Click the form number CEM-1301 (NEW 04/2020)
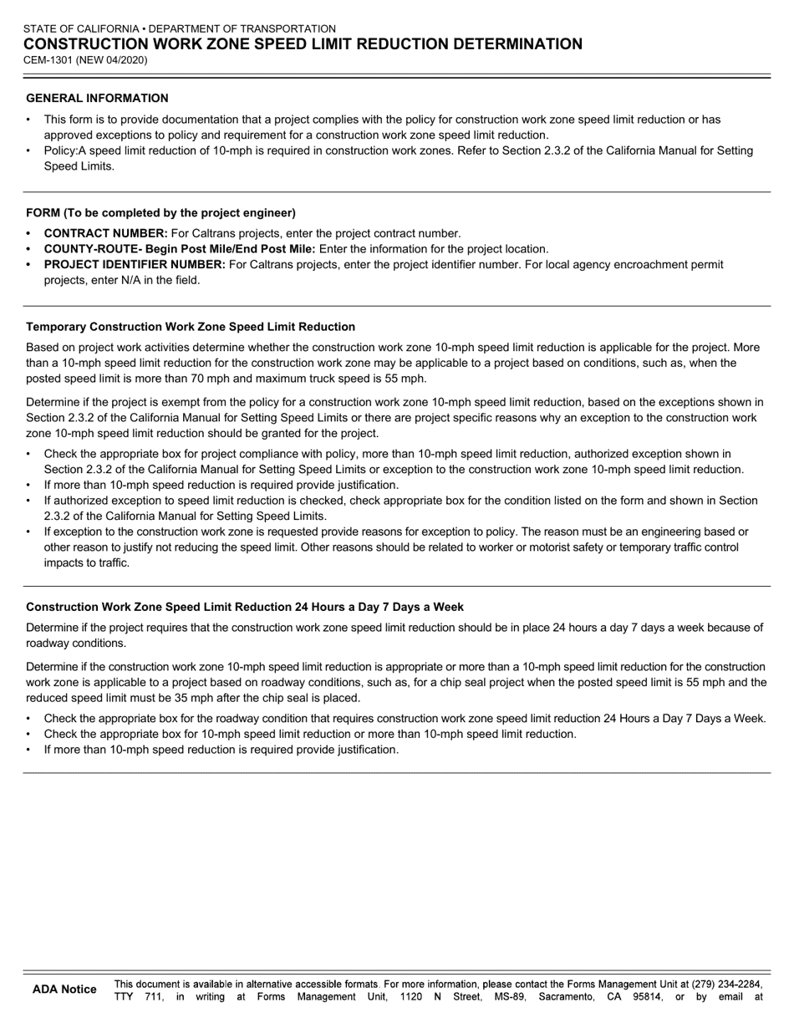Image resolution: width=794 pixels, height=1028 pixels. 87,60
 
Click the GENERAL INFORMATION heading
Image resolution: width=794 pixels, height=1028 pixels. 97,98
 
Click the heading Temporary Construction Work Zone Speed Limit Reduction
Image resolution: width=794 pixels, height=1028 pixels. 191,327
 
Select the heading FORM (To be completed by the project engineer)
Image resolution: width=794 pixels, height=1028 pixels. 160,212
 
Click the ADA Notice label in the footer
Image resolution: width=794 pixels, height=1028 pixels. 64,990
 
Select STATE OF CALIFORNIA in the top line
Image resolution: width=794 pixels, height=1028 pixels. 81,28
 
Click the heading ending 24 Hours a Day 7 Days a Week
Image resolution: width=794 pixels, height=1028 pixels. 244,607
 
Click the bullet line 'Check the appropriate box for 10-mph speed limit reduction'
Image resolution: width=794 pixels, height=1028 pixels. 309,734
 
